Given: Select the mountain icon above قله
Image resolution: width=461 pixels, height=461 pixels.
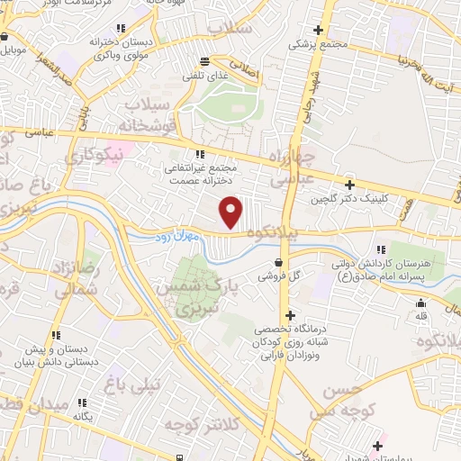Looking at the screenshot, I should tap(420, 303).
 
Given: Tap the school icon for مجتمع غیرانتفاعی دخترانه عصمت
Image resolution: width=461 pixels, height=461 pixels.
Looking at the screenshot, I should tap(200, 153).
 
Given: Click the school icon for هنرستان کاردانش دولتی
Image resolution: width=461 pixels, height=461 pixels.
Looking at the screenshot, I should tap(382, 249).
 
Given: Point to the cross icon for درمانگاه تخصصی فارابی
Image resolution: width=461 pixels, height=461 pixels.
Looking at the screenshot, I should tap(289, 316).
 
